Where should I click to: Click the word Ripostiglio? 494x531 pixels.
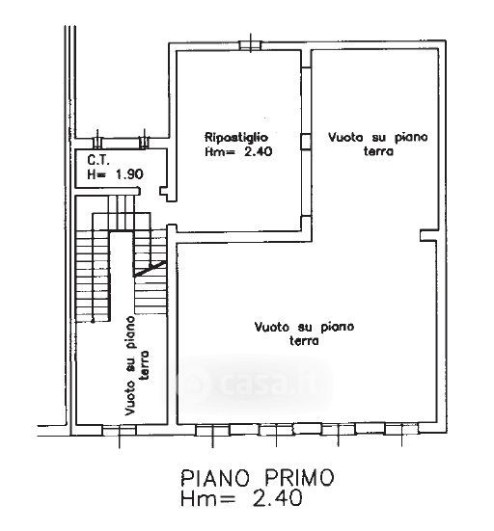point(236,138)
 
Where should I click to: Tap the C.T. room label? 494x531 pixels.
point(98,160)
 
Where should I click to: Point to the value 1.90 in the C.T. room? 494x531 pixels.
point(129,174)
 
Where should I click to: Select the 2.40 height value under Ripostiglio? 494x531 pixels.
point(258,151)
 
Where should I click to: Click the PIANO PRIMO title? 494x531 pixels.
point(258,478)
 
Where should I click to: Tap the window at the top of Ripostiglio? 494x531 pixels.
point(251,45)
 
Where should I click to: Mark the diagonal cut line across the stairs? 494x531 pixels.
point(150,269)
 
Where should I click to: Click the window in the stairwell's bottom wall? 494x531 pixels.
point(119,430)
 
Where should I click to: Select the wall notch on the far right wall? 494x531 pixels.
point(428,235)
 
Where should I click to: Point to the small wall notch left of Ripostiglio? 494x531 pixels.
point(164,192)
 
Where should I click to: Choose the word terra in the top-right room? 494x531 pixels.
point(378,151)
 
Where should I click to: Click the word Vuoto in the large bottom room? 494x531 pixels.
point(271,327)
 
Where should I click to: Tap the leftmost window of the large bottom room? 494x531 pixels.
point(212,431)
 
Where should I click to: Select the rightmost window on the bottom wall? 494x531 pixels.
point(401,430)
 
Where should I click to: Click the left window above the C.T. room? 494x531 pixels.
point(97,143)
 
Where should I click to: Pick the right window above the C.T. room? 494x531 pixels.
point(144,143)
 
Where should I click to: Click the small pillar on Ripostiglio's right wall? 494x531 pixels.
point(306,142)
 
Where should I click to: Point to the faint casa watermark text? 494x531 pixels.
point(261,384)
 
